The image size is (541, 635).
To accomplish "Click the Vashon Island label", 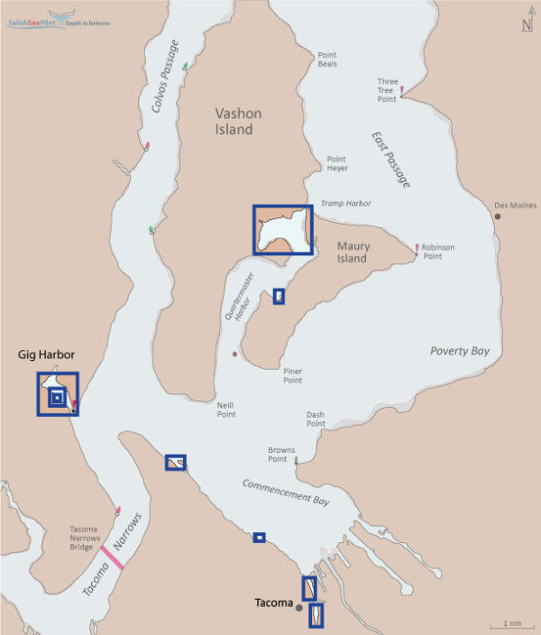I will (x=234, y=122).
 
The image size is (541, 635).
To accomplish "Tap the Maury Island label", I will (x=352, y=252).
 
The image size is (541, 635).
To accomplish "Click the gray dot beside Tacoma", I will (x=299, y=607).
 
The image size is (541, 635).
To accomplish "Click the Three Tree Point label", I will (x=387, y=90).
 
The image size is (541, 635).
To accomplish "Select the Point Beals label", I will (x=326, y=59).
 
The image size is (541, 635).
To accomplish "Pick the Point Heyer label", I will (x=336, y=162).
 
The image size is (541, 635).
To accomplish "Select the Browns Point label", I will (x=282, y=454).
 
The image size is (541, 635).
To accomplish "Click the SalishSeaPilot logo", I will (x=59, y=21).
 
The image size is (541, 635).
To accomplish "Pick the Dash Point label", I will (x=316, y=419).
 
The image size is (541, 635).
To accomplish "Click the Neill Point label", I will (x=225, y=410).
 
